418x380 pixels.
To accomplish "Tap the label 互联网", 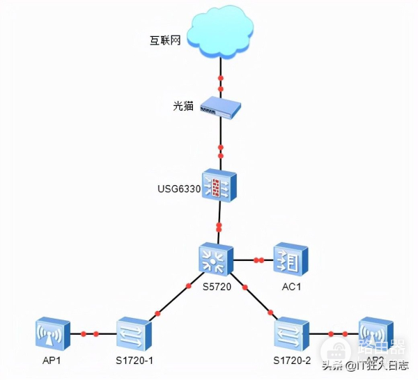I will pos(166,41).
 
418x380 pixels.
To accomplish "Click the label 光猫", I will pos(182,106).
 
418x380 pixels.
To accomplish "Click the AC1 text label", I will pos(291,286).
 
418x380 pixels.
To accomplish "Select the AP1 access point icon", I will pos(53,334).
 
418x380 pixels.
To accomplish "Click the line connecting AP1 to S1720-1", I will pos(94,335).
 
